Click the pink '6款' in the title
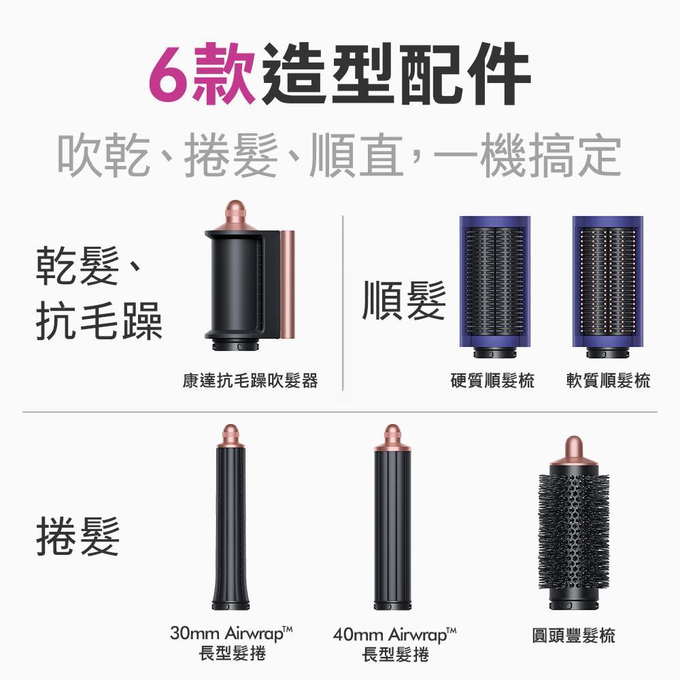202,73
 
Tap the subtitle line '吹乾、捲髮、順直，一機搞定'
339,156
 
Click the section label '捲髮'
78,535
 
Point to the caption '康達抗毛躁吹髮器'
250,381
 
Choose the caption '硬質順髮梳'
492,381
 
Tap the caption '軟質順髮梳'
608,381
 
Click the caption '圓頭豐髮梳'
573,636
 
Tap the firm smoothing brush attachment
494,286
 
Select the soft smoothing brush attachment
607,286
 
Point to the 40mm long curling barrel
394,524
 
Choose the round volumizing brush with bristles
573,530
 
